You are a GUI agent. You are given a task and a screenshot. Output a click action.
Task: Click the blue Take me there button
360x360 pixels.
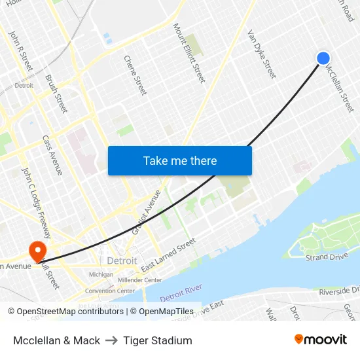click(x=179, y=160)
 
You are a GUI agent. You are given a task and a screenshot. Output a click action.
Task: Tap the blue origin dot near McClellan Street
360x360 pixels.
click(x=323, y=58)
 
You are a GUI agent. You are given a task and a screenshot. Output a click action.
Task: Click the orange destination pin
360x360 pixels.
click(x=37, y=249)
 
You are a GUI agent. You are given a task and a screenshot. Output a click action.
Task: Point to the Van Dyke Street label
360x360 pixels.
click(x=261, y=54)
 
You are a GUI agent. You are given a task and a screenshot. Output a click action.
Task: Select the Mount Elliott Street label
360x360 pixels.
click(x=189, y=52)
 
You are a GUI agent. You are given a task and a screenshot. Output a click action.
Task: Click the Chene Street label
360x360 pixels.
click(x=135, y=74)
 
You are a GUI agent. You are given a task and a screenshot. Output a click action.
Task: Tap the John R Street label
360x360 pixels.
click(x=20, y=50)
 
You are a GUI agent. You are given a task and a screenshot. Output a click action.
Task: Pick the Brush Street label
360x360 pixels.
click(x=56, y=93)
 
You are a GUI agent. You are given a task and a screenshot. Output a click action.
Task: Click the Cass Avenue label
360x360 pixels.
click(x=52, y=155)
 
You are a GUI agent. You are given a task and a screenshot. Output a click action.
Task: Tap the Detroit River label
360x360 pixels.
click(x=180, y=293)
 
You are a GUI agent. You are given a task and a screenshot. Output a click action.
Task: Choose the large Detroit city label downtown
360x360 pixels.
click(x=122, y=261)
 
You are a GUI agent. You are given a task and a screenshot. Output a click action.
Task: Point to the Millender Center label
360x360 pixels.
click(x=139, y=279)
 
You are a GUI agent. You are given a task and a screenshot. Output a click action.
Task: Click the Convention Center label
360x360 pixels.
click(x=109, y=291)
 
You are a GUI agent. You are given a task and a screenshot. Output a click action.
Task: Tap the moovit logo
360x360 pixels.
click(x=321, y=340)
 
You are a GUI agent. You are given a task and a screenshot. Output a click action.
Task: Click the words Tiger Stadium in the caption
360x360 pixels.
click(x=158, y=340)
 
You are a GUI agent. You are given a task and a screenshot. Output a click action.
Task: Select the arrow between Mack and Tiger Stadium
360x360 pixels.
click(x=112, y=340)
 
